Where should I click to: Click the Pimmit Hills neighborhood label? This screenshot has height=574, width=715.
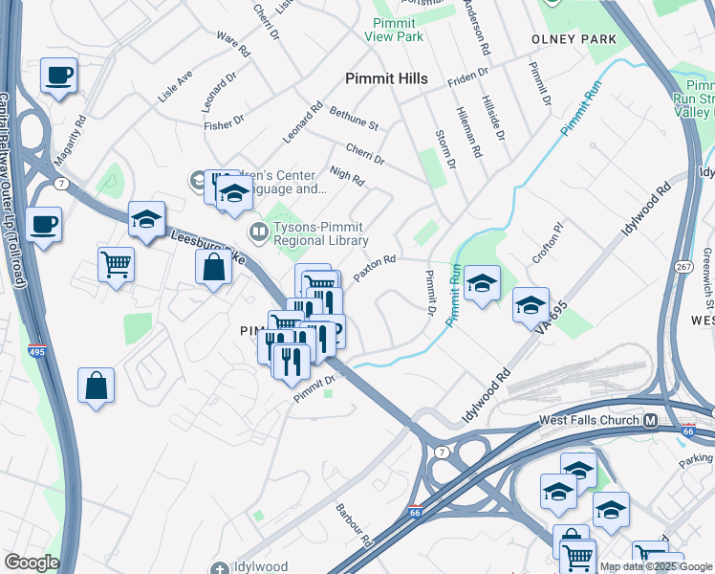tap(386, 78)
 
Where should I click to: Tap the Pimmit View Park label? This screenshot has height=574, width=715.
tap(393, 29)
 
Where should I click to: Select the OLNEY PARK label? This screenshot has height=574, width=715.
tap(574, 39)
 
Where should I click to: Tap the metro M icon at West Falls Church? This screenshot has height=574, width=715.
tap(650, 420)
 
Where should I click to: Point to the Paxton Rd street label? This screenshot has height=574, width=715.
tap(375, 268)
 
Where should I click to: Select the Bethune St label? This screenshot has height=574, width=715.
tap(354, 118)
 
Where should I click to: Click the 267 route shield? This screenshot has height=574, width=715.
tap(685, 266)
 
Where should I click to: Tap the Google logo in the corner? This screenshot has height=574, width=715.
tap(32, 563)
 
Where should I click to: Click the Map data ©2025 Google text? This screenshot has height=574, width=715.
tap(656, 566)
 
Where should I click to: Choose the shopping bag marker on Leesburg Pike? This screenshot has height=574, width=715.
tap(214, 267)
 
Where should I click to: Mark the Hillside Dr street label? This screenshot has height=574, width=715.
tap(493, 121)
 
